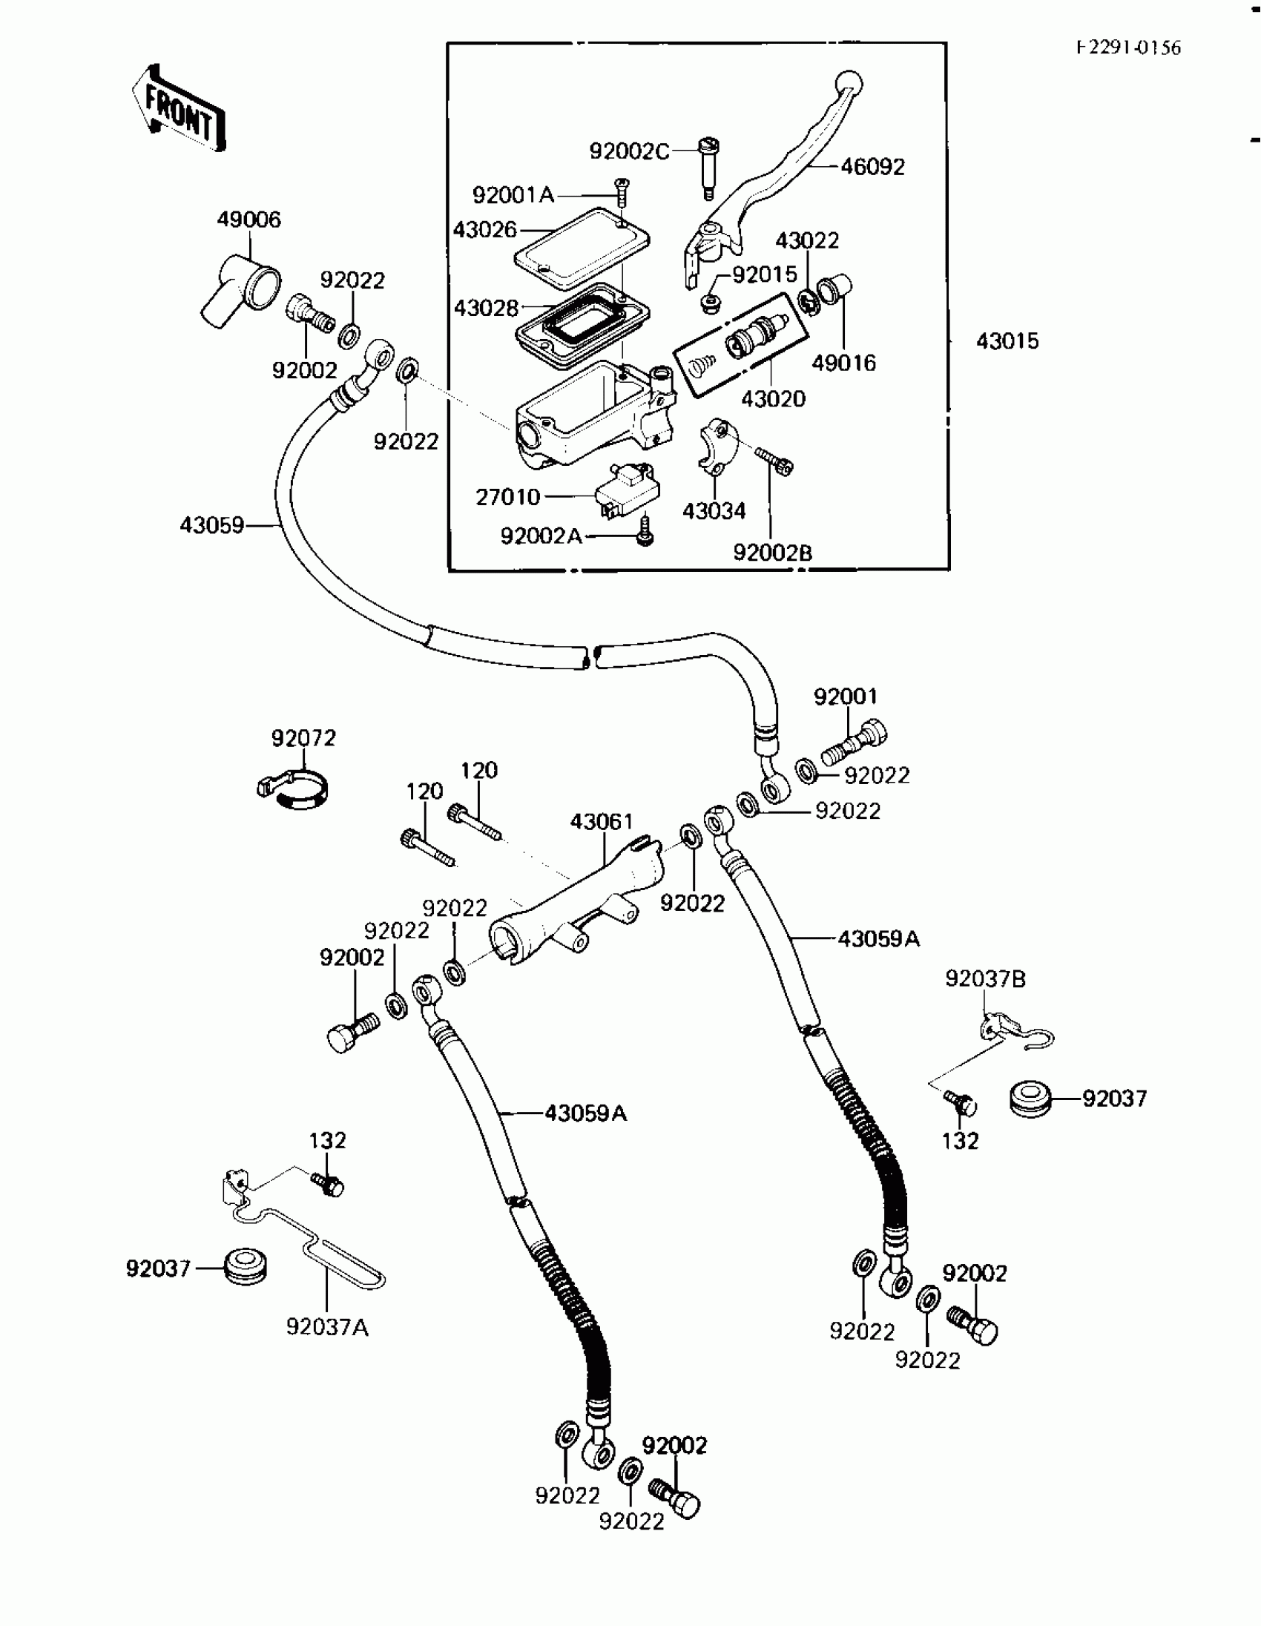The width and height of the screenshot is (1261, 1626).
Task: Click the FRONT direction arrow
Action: [180, 110]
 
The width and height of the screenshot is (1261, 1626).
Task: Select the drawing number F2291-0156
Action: [1128, 47]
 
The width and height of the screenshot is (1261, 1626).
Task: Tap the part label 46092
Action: [872, 167]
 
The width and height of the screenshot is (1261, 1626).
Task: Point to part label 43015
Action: [1007, 341]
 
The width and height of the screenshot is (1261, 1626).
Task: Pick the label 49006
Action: [248, 220]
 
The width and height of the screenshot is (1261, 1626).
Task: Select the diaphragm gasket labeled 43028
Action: [583, 326]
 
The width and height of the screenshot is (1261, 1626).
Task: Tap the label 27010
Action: [507, 496]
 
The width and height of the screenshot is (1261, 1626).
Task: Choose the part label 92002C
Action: [629, 151]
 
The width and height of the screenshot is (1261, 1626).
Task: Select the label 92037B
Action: [985, 979]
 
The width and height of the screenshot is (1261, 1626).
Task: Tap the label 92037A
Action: [328, 1327]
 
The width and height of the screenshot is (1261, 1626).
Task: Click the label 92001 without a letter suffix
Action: [845, 697]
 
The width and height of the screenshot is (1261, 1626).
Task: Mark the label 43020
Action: [773, 399]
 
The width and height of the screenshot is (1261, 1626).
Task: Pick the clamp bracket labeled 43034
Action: [717, 447]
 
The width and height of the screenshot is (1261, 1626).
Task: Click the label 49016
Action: [843, 363]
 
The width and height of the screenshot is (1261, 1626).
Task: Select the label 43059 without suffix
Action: [211, 526]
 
